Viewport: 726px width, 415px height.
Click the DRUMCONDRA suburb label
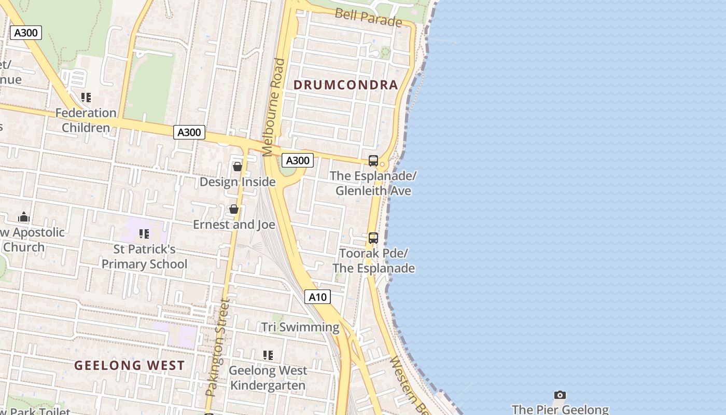(x=346, y=85)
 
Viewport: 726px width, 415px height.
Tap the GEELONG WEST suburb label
(x=129, y=365)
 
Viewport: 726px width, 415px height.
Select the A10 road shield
(x=317, y=297)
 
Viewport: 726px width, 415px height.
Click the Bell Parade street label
(x=368, y=18)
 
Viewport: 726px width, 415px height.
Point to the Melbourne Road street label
(x=274, y=107)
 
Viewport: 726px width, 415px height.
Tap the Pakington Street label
(x=217, y=348)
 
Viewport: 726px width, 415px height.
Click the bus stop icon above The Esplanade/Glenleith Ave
(x=373, y=161)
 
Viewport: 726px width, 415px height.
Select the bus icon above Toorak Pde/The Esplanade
(x=373, y=238)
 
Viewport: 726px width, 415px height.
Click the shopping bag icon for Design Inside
(x=238, y=167)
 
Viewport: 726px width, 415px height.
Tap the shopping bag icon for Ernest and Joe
(x=234, y=209)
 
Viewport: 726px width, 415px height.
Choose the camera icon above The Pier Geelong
(x=560, y=395)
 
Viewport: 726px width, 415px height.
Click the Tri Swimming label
(x=300, y=327)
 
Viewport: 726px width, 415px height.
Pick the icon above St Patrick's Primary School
(x=144, y=234)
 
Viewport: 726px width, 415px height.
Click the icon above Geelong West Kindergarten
(x=268, y=355)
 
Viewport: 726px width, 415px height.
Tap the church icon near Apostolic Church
(x=24, y=217)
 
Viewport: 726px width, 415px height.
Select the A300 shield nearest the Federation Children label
(x=189, y=132)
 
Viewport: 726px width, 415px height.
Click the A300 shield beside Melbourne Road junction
(x=298, y=160)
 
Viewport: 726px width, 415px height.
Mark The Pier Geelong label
(x=560, y=409)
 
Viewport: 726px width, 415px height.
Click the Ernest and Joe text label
(x=234, y=225)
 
